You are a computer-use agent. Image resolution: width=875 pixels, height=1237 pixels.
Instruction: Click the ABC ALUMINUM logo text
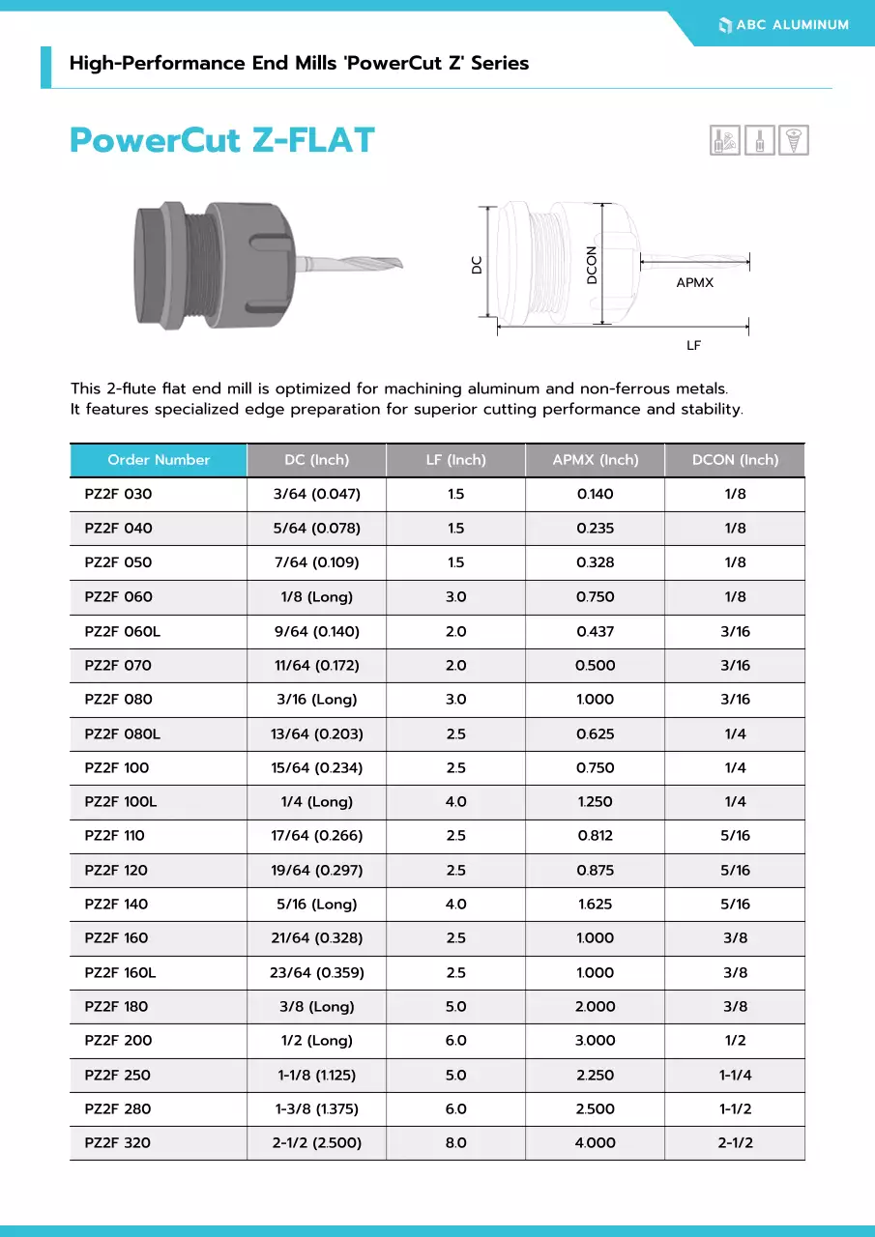[x=792, y=25]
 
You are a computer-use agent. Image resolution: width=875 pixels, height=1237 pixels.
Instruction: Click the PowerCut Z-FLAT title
[x=221, y=141]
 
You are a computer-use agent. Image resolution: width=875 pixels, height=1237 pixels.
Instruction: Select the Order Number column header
[x=159, y=460]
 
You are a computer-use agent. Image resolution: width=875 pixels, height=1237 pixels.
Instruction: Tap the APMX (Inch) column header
[x=595, y=460]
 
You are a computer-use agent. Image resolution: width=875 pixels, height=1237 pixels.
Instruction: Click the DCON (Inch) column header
[x=735, y=460]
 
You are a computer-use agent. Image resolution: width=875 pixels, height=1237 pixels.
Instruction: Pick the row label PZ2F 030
[x=118, y=494]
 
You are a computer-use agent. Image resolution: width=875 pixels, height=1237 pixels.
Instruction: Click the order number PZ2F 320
[x=118, y=1143]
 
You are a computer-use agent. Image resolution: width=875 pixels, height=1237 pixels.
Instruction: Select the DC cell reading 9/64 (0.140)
[x=316, y=631]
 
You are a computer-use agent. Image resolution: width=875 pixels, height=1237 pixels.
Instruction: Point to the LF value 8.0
[x=455, y=1143]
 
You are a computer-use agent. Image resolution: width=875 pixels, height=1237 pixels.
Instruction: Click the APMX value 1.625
[x=595, y=905]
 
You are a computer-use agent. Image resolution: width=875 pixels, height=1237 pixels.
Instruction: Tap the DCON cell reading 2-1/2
[x=735, y=1143]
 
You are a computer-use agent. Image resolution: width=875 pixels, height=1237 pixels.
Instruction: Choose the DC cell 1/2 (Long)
[x=316, y=1041]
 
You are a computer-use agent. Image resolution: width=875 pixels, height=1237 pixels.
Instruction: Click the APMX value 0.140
[x=595, y=494]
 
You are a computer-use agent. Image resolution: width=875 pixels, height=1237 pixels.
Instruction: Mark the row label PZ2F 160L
[x=120, y=973]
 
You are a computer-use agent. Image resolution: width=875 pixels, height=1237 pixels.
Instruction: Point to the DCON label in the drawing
[x=592, y=265]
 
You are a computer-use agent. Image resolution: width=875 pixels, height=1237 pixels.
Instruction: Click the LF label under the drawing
[x=693, y=345]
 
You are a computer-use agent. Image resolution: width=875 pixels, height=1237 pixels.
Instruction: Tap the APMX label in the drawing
[x=694, y=283]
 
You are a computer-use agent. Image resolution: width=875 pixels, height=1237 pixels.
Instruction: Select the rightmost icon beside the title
[x=795, y=140]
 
